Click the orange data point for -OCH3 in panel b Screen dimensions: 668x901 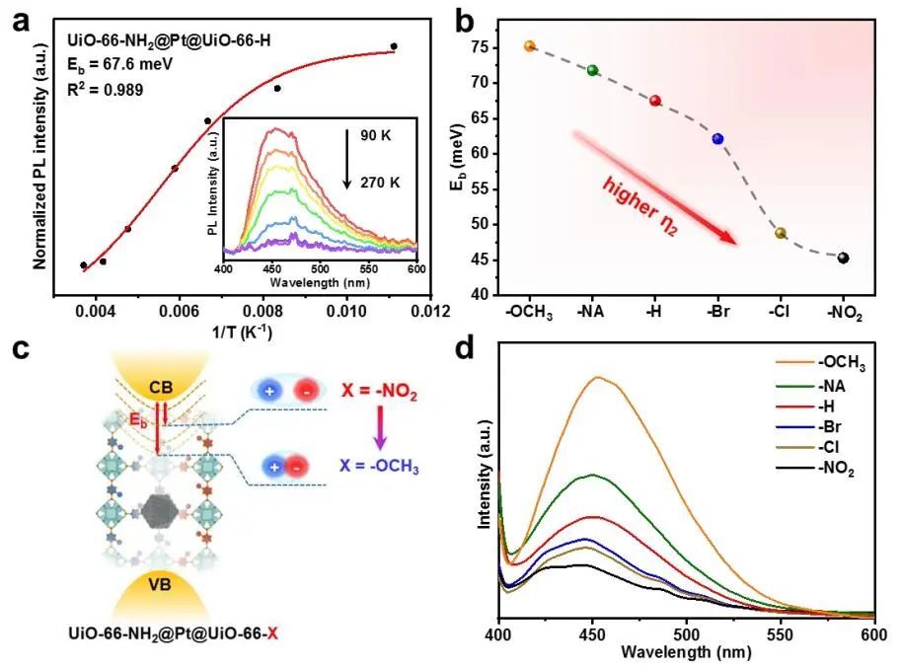[x=529, y=46]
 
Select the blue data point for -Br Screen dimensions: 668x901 [x=717, y=139]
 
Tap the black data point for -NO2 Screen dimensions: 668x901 [x=843, y=259]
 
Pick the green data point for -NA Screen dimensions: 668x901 [x=592, y=70]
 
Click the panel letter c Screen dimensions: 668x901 [x=19, y=350]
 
